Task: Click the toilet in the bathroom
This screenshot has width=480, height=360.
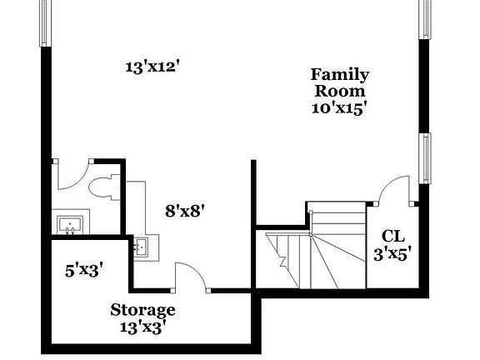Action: point(103,186)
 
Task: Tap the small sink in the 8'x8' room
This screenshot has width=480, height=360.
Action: point(142,247)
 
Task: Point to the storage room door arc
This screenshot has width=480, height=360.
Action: point(188,275)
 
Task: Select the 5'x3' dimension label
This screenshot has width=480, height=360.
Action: point(83,269)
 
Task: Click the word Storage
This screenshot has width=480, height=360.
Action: point(142,311)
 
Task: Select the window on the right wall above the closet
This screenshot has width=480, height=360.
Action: point(425,159)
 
